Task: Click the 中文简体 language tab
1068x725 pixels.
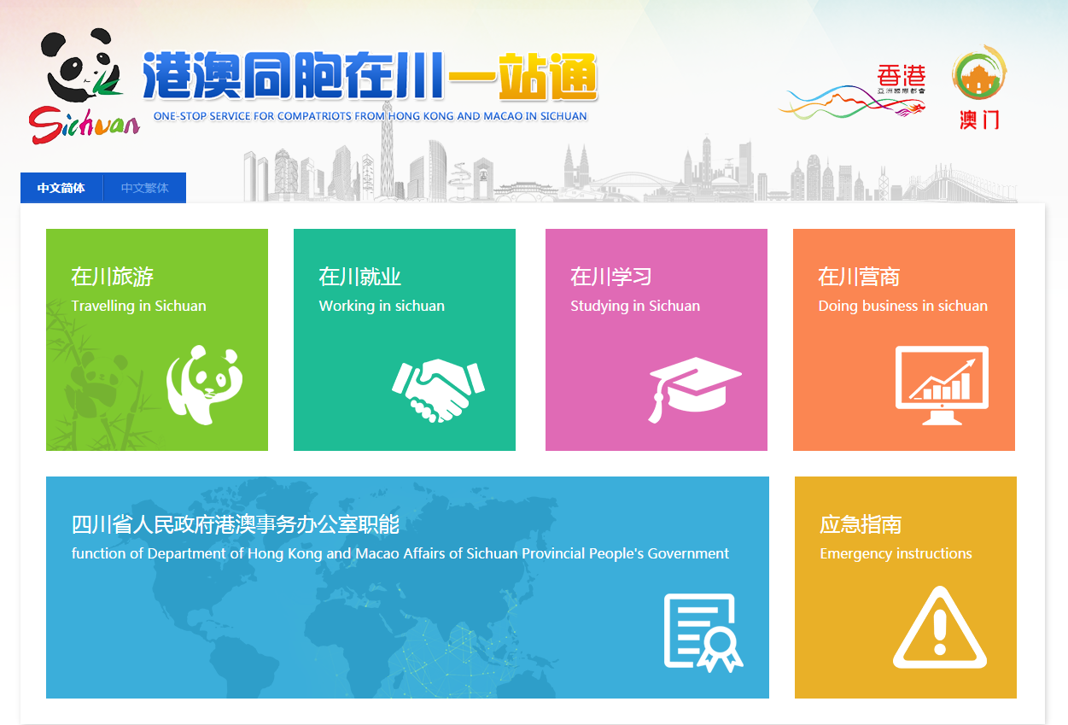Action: pyautogui.click(x=61, y=188)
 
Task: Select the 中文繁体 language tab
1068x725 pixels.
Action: pyautogui.click(x=144, y=188)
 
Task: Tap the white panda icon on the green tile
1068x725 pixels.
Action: pyautogui.click(x=205, y=385)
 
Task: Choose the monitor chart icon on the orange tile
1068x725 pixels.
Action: pyautogui.click(x=942, y=385)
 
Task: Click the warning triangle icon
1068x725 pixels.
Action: pyautogui.click(x=940, y=628)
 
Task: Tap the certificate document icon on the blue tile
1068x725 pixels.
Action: pyautogui.click(x=703, y=633)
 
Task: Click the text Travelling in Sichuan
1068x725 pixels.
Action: pyautogui.click(x=139, y=306)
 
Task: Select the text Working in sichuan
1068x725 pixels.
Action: pyautogui.click(x=382, y=306)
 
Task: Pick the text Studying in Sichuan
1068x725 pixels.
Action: pyautogui.click(x=635, y=306)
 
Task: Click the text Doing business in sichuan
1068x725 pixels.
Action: pyautogui.click(x=902, y=306)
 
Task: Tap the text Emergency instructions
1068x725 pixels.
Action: pyautogui.click(x=896, y=553)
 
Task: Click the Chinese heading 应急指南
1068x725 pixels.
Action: pyautogui.click(x=861, y=524)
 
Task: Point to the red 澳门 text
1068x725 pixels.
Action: pyautogui.click(x=979, y=120)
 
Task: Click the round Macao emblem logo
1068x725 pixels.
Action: pyautogui.click(x=979, y=73)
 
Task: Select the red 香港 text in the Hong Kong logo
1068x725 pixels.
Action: pyautogui.click(x=902, y=75)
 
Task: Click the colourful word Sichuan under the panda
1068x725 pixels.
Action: pyautogui.click(x=84, y=124)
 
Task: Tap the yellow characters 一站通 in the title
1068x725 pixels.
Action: pyautogui.click(x=522, y=76)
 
